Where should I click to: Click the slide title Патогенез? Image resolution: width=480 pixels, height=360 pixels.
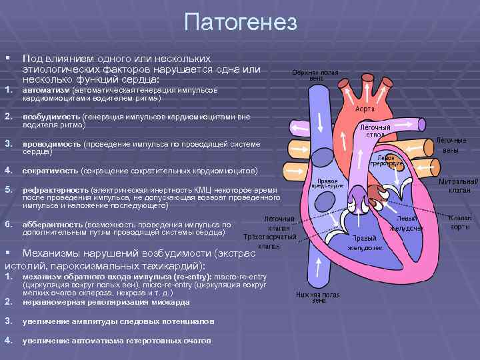pos(239,22)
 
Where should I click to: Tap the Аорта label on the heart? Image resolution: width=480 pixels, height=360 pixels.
pos(364,108)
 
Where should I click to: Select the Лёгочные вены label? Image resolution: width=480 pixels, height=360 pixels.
pos(450,145)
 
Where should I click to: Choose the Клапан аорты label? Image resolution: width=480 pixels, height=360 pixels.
pos(459,222)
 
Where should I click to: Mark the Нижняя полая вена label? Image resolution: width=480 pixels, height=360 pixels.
pos(319,297)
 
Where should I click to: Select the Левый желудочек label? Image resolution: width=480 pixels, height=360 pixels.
pos(406,223)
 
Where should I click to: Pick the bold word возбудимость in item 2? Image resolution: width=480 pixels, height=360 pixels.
pos(52,117)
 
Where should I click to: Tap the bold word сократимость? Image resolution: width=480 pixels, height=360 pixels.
pos(51,171)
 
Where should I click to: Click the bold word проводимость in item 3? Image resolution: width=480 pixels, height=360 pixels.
pos(52,143)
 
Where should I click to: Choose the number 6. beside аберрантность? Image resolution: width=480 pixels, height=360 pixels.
pos(9,225)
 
